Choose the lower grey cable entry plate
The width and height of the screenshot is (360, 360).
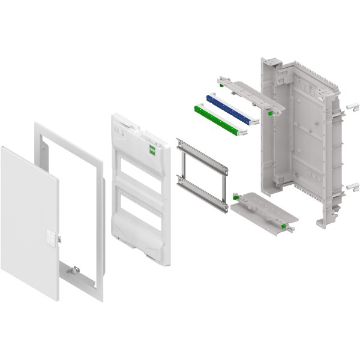click(x=259, y=211)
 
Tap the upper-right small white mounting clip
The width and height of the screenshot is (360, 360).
click(x=347, y=107)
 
